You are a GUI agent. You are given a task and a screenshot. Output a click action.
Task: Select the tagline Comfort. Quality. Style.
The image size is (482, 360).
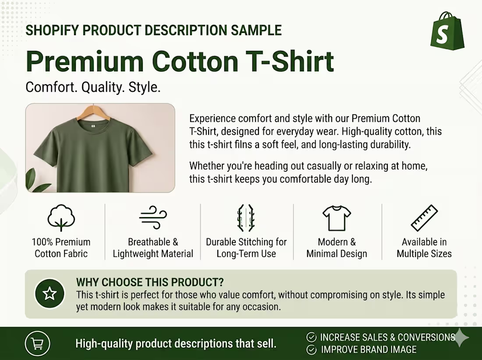[93, 87]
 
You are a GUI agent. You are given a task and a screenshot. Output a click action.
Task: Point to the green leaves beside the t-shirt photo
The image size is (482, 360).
[36, 181]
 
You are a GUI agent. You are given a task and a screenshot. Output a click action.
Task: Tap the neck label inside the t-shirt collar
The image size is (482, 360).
[92, 127]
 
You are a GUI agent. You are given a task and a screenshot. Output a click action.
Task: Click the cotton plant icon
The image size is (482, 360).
[61, 217]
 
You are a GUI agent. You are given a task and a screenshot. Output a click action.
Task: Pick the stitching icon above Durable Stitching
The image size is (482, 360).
[246, 217]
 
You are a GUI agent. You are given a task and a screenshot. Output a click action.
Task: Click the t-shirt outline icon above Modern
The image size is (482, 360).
[337, 218]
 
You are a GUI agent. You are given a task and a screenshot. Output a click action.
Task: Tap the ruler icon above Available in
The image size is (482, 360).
[424, 217]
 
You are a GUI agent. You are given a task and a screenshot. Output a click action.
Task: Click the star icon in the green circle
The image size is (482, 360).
[50, 293]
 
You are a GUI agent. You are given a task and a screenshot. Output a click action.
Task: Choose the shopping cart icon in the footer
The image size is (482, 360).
[37, 344]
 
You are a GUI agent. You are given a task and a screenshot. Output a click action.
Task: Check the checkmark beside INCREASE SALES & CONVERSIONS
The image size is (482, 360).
[312, 337]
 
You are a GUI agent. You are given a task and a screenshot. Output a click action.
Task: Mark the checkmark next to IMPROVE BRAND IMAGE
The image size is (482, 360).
[312, 349]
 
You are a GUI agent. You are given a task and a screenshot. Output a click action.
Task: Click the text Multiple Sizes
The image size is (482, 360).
[424, 253]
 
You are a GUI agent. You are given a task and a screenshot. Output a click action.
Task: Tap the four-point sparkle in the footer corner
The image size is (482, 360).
[461, 338]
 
